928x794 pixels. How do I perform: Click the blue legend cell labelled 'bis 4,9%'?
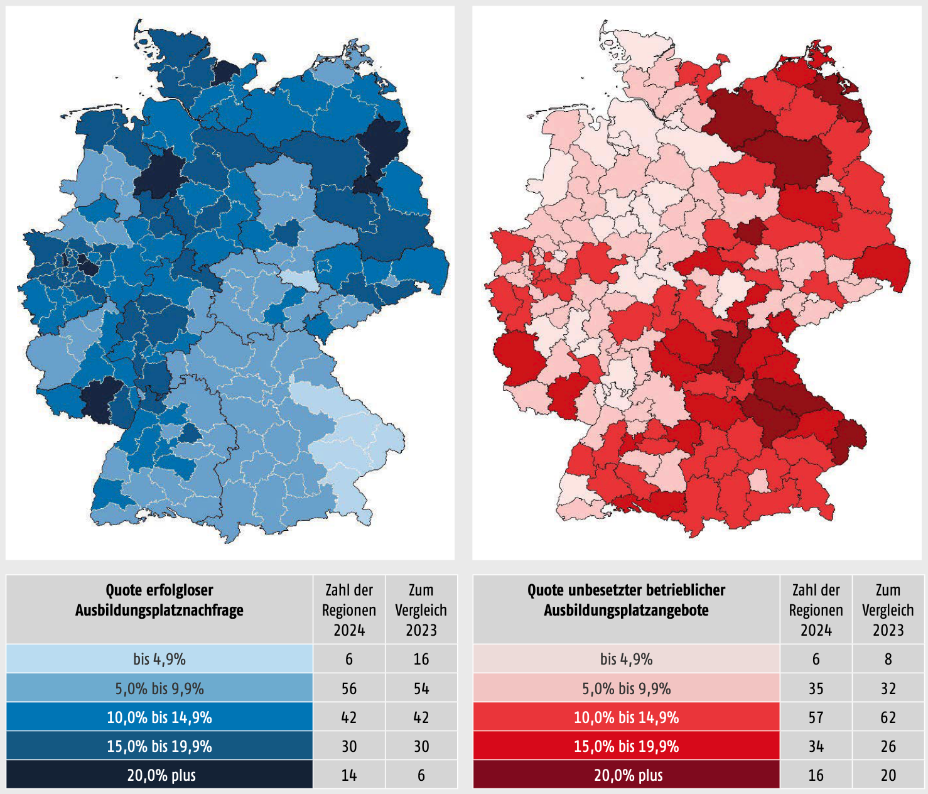coord(159,659)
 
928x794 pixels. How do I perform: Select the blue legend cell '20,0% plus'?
coord(159,775)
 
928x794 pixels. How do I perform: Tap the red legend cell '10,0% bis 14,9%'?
coord(626,717)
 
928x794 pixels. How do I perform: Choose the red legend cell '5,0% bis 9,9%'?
coord(626,688)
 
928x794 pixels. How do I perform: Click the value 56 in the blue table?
coord(349,688)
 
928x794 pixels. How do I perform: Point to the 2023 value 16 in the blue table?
coord(421,659)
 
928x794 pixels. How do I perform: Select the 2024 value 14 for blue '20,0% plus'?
coord(349,775)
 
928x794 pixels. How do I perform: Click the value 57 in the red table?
coord(816,717)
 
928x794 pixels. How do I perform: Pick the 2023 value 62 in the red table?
coord(888,717)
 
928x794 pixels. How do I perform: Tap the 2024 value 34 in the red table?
coord(816,746)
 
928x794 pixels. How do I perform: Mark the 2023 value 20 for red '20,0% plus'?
coord(888,775)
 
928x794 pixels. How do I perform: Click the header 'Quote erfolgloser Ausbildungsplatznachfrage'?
coord(159,600)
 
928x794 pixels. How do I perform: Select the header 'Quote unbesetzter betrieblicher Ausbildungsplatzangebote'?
coord(626,600)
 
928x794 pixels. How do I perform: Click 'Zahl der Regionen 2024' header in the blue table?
coord(349,609)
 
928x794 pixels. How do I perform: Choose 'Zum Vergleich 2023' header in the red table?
coord(888,609)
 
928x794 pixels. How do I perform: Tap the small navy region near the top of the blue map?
coord(225,72)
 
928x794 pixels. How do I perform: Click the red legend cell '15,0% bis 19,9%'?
coord(626,746)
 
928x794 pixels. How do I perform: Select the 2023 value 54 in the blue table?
coord(421,688)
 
